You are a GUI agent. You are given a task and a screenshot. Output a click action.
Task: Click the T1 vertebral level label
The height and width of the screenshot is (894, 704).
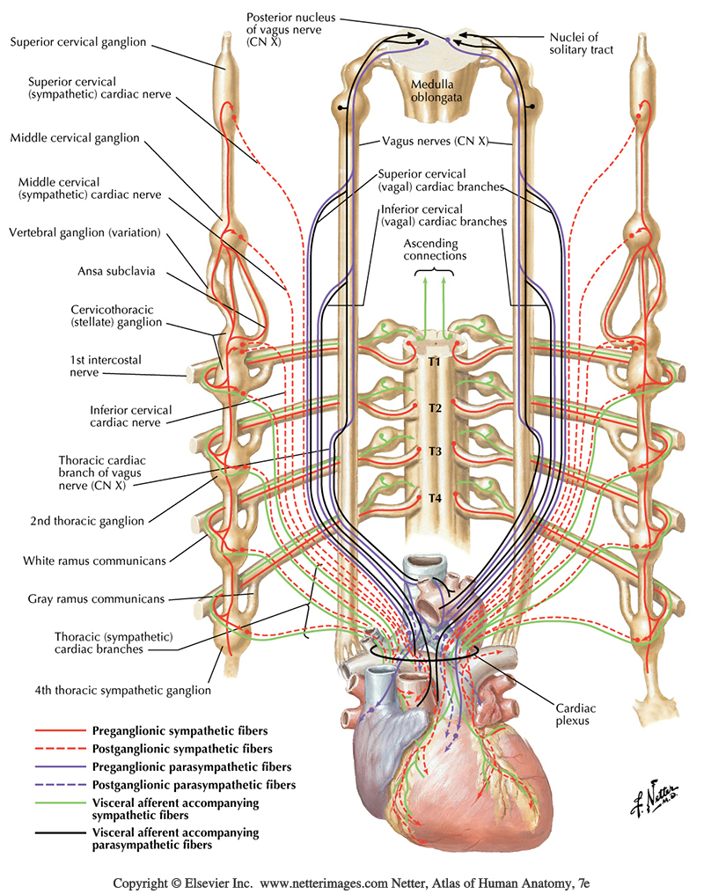coord(434,362)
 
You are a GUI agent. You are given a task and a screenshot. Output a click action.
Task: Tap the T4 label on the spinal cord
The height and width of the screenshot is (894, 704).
coord(434,498)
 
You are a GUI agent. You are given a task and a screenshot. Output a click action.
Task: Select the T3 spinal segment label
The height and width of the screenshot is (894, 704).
coord(434,451)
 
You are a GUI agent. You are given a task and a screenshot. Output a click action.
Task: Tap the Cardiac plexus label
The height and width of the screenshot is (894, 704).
coord(578,713)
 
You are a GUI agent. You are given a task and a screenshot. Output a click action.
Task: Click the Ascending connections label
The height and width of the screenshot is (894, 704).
coord(435,249)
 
